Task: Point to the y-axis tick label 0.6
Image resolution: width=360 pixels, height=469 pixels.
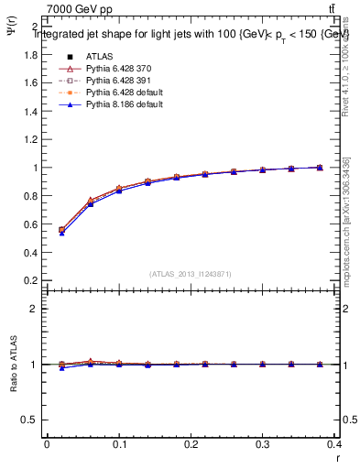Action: point(30,224)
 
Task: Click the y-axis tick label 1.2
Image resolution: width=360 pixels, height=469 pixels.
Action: point(30,139)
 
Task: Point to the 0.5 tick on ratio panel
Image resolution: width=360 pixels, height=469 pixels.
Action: point(30,420)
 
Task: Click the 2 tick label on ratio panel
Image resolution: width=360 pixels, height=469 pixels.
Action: point(35,309)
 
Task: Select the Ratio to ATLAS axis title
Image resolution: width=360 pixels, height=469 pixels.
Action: point(13,364)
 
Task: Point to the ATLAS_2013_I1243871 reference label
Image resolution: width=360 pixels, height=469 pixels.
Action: point(190,274)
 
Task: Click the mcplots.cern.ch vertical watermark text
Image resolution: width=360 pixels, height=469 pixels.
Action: point(349,229)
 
